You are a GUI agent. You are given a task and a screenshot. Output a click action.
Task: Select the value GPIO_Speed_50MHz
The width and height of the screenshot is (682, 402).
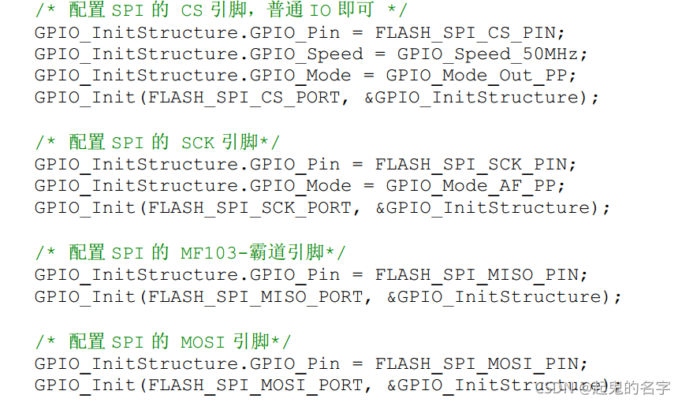click(492, 54)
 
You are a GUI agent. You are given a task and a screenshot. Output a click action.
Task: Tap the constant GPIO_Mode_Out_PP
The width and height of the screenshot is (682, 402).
click(481, 76)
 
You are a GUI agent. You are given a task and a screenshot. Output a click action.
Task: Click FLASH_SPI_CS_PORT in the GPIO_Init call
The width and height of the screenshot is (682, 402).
click(244, 97)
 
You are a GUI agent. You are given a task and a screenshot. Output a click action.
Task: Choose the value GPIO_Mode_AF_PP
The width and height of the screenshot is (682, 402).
click(475, 185)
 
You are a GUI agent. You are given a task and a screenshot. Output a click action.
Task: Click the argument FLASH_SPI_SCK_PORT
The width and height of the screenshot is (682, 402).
click(250, 207)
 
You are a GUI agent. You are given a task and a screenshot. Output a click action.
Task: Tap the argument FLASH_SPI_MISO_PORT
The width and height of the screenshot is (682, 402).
click(255, 296)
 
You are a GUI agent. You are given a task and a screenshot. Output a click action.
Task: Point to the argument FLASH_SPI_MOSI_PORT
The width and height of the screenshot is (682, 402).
click(255, 385)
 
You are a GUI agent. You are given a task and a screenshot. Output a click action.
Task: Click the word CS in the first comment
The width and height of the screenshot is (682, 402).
click(192, 11)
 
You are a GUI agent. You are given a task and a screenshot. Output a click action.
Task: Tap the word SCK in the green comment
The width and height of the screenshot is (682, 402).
click(198, 143)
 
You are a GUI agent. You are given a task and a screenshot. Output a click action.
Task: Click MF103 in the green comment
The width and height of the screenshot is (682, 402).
click(208, 253)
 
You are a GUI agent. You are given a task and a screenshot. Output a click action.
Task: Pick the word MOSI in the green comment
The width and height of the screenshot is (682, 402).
click(203, 342)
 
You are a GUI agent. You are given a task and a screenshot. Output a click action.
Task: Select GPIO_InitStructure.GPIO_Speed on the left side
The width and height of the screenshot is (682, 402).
click(199, 54)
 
